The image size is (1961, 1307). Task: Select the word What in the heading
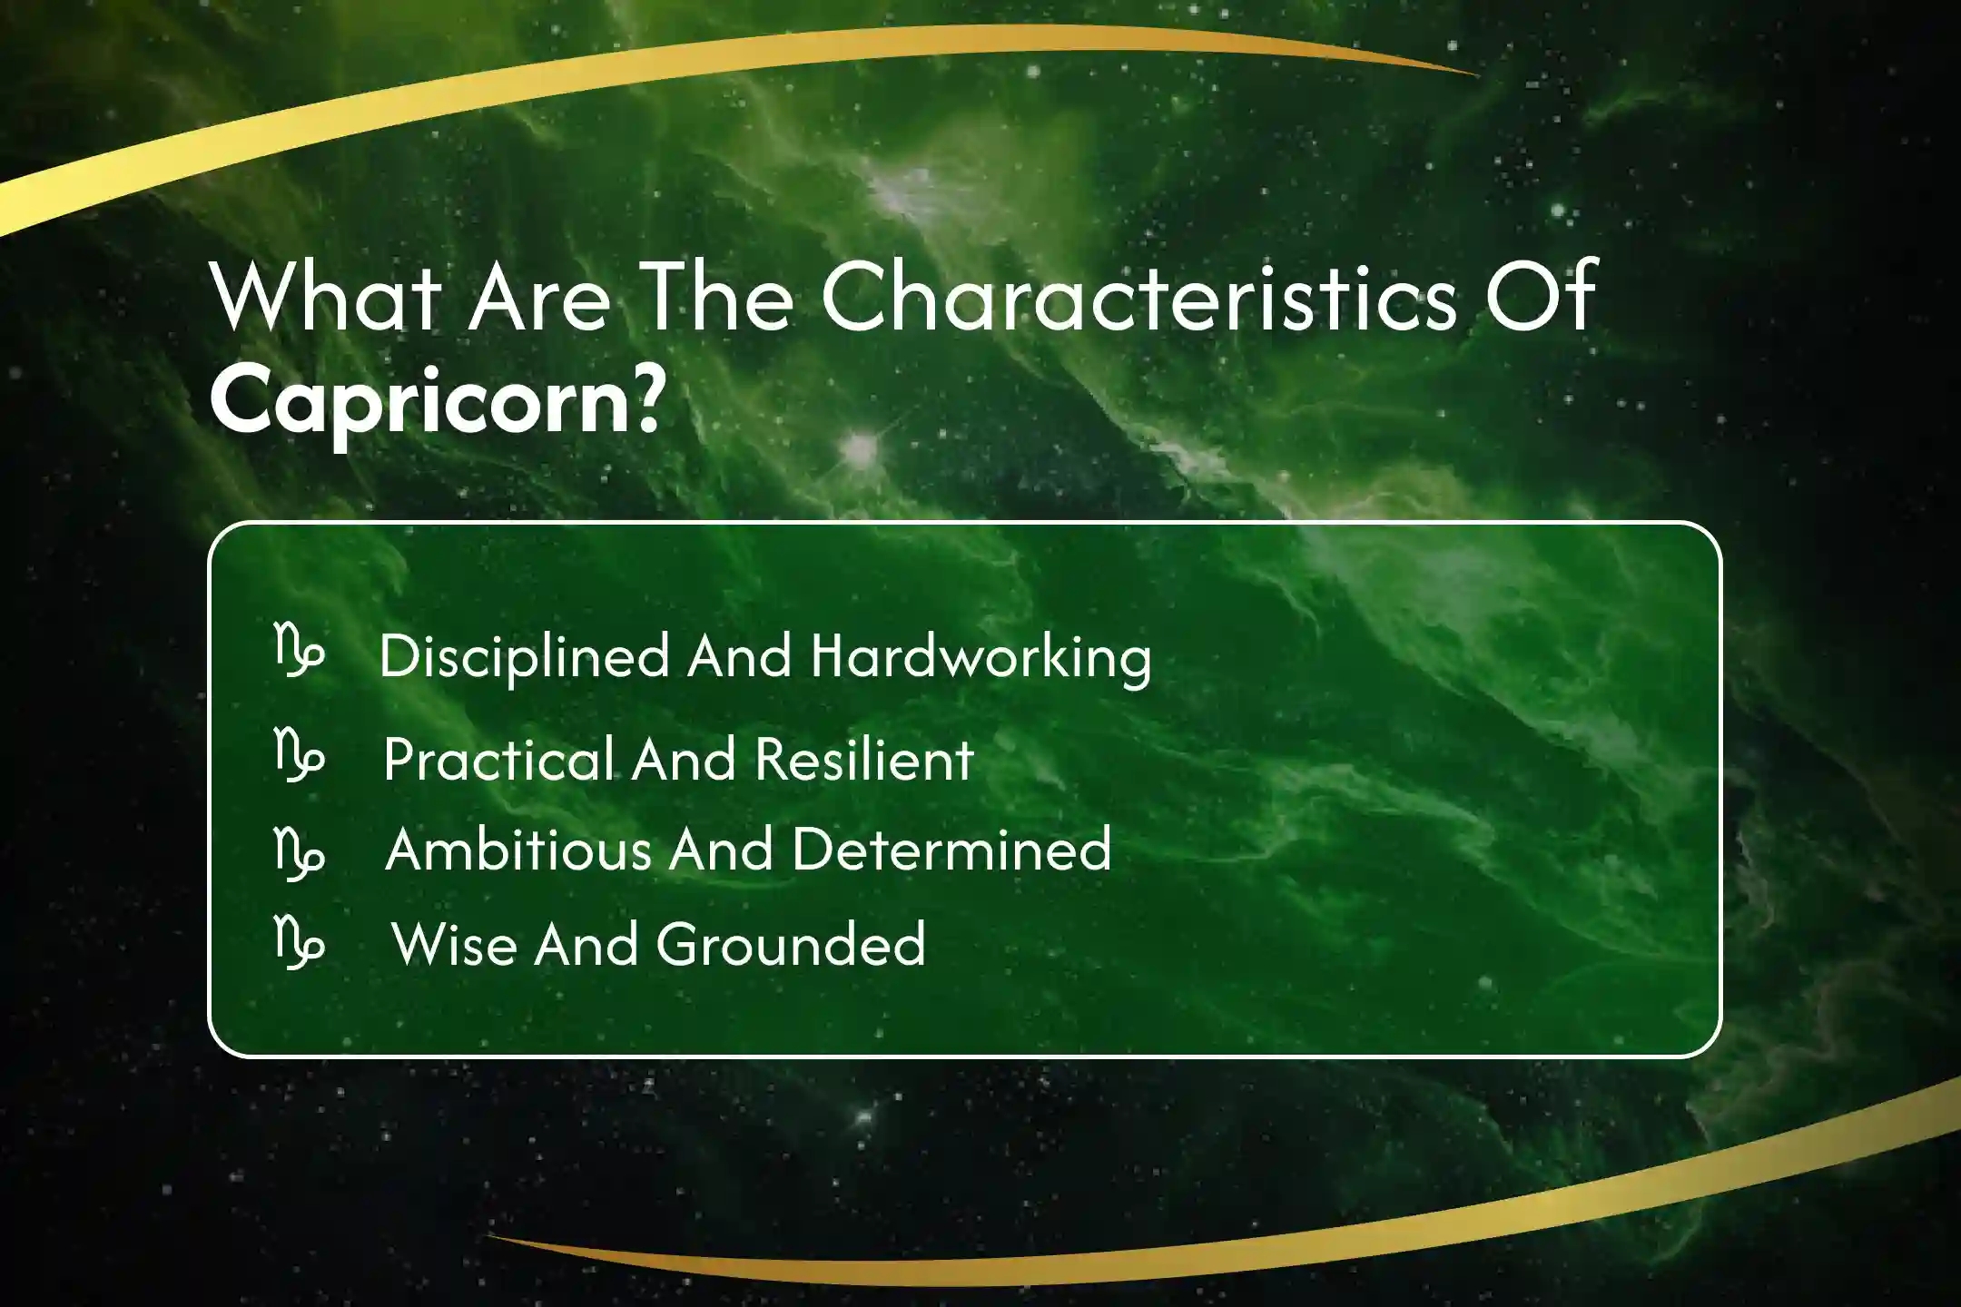pos(326,296)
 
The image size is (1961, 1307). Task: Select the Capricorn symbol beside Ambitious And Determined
pos(299,853)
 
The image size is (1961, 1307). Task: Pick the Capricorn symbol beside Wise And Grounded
pos(299,941)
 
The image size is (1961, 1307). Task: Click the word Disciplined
pos(525,656)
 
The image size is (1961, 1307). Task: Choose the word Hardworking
pos(981,656)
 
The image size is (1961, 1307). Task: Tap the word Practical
pos(498,759)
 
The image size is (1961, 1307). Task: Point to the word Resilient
pos(864,759)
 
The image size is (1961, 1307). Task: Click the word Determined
pos(952,850)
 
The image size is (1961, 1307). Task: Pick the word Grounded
pos(791,944)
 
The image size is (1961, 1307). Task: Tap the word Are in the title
pos(539,296)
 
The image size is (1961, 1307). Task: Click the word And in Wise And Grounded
pos(587,944)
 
